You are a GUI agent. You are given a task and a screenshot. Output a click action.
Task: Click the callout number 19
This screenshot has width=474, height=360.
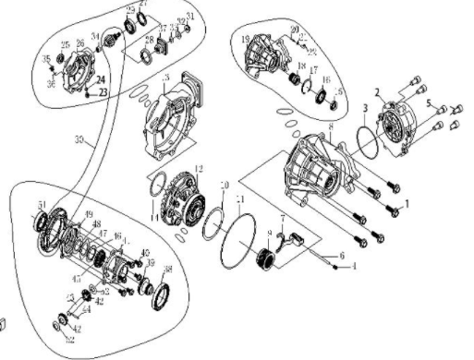point(245,40)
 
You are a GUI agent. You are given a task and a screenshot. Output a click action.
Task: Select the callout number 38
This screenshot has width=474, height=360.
point(167,270)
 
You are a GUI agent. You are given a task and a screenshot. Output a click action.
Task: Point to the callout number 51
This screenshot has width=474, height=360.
point(41,205)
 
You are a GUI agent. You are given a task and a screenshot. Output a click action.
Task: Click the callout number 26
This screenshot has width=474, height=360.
point(79,43)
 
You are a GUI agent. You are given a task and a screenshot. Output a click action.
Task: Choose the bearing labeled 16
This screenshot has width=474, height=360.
point(326,96)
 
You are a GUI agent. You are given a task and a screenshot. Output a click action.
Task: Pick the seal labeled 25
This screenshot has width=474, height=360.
point(62,58)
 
